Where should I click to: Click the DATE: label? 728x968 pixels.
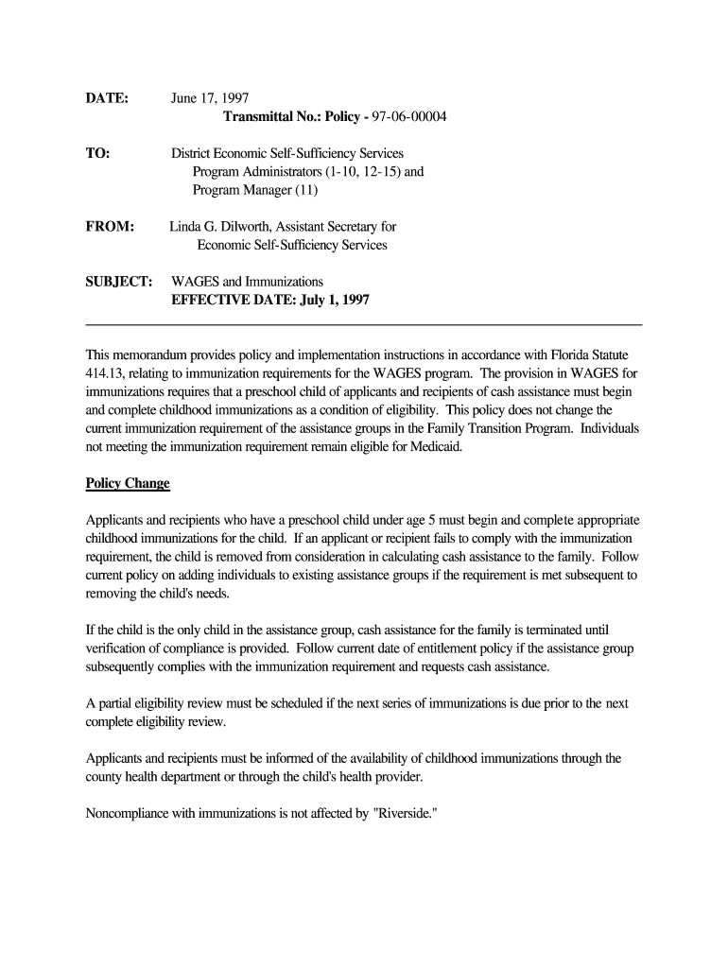click(107, 98)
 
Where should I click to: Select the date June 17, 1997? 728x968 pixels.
click(210, 98)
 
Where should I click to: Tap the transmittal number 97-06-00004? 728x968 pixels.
click(409, 116)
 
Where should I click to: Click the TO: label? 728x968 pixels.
click(97, 153)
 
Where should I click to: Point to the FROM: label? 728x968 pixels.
click(110, 227)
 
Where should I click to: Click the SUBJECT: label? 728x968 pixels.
click(119, 282)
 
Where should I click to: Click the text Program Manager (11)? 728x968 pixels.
click(255, 190)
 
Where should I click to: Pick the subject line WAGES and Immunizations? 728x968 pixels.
click(247, 282)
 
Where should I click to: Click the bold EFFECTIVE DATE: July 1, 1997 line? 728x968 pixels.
click(269, 300)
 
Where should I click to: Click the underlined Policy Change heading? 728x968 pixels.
click(128, 483)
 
